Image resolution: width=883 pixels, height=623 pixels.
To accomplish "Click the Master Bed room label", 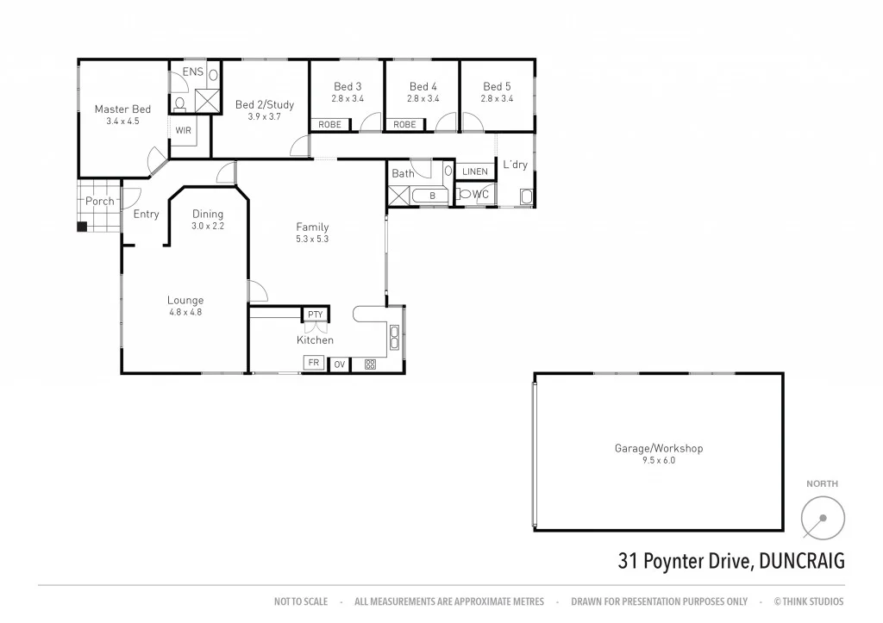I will pos(122,109).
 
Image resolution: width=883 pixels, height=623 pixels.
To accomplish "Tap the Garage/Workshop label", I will pos(659,448).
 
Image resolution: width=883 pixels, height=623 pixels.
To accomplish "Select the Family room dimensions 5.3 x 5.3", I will pos(312,240).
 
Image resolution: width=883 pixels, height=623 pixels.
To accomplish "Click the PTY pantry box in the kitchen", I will pos(315,315).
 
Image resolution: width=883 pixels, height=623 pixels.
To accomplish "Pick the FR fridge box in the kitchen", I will pos(314,364).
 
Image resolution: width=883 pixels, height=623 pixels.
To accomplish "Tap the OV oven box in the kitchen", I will pos(340,364).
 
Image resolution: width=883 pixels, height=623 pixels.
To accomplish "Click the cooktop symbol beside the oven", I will pos(370,364).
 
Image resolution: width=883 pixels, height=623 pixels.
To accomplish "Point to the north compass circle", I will pos(823,520).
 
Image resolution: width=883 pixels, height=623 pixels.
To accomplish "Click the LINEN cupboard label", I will pos(475,171).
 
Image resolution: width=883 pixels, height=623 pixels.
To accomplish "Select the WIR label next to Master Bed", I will pos(184,130).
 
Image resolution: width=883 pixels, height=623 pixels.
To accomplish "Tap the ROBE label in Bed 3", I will pos(329,125).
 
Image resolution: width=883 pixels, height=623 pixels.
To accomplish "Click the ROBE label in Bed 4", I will pos(404,125).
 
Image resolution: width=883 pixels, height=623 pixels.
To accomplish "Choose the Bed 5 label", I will pos(497,86).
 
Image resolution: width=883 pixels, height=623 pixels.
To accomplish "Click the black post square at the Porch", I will pos(82,227).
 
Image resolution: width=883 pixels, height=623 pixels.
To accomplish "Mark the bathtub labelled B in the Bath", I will pos(433,196).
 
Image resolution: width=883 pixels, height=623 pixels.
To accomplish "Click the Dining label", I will pos(207,214).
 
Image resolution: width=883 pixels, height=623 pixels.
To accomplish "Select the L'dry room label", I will pos(515,165).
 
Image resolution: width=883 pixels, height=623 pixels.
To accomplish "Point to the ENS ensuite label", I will pos(193,72).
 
